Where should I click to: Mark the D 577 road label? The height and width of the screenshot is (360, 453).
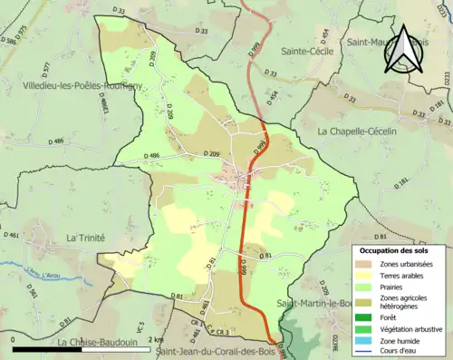coord(45,68)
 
